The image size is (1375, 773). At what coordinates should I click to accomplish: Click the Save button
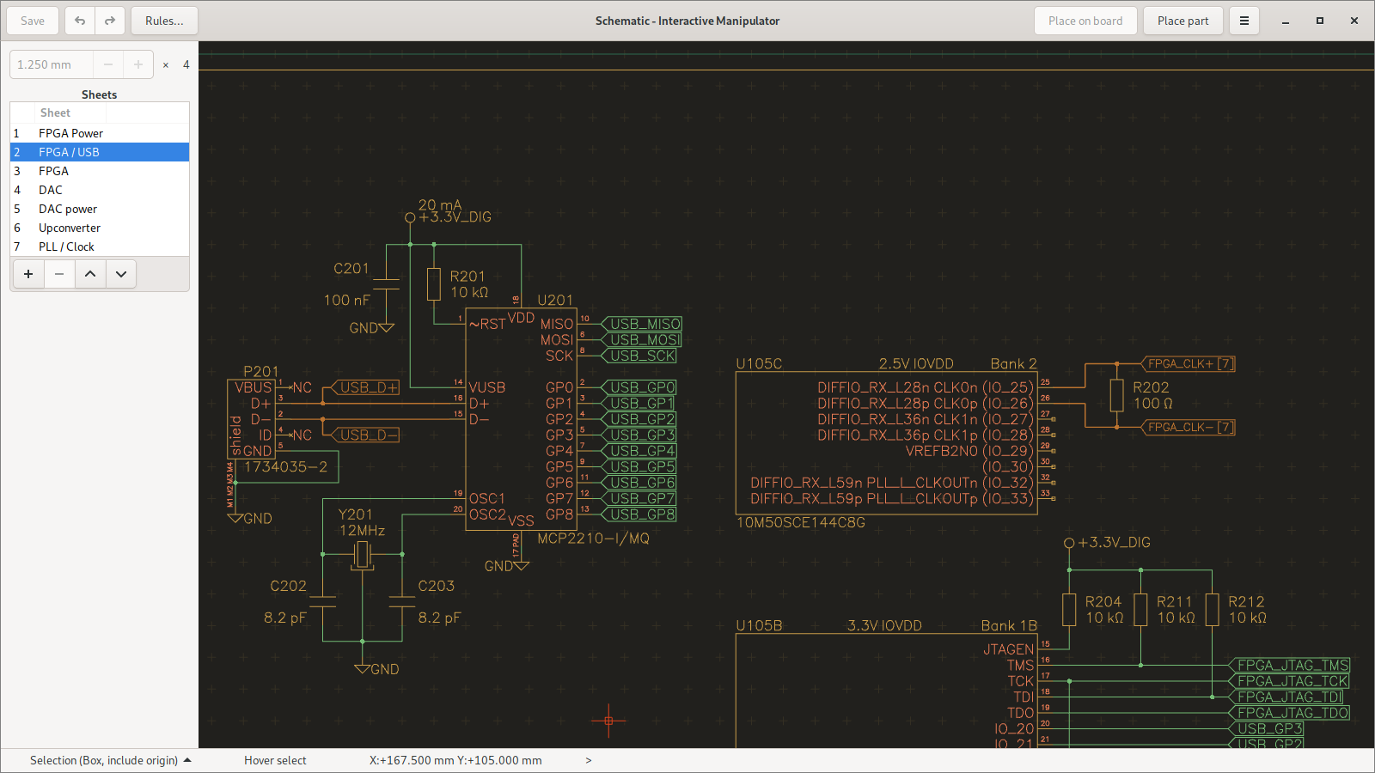[x=33, y=21]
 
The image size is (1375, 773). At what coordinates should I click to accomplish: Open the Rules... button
[x=164, y=21]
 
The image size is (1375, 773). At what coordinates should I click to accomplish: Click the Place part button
[x=1182, y=21]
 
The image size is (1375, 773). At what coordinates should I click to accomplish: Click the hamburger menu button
[x=1244, y=21]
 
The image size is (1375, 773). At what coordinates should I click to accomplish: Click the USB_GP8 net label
[x=642, y=514]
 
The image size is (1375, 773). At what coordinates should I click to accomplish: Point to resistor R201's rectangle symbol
[x=434, y=284]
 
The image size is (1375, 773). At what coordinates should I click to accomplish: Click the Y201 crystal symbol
[x=363, y=555]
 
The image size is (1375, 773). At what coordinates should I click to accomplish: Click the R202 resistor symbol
[x=1116, y=395]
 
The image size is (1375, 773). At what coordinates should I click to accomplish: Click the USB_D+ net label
[x=368, y=387]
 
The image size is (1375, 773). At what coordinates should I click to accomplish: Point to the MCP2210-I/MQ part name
[x=593, y=539]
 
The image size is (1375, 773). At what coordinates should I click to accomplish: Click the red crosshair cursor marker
[x=608, y=721]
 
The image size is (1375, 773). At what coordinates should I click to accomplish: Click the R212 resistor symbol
[x=1212, y=610]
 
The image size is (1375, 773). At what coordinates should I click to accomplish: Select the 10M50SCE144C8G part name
[x=801, y=522]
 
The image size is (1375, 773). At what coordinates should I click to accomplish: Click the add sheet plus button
[x=28, y=274]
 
